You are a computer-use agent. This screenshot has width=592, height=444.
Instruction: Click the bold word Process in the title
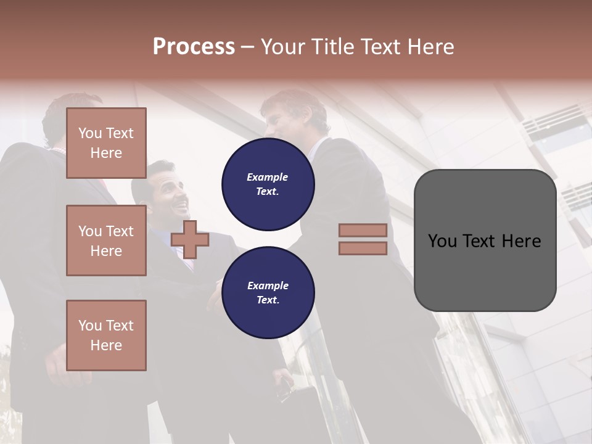[194, 47]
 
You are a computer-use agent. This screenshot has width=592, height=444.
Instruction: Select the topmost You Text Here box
[106, 143]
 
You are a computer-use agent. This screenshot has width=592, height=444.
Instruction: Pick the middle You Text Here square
[106, 240]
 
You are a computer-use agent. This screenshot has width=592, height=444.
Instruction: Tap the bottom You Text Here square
[106, 335]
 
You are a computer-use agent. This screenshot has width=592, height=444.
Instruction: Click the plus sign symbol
[190, 239]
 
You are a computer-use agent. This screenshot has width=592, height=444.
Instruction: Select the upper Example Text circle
[268, 184]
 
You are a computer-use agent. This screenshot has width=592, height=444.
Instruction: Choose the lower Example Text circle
[268, 292]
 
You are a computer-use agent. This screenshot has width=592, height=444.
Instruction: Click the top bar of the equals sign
[363, 230]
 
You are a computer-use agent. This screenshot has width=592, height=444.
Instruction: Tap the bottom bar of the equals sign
[363, 248]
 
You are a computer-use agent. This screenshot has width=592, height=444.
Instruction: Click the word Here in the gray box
[521, 241]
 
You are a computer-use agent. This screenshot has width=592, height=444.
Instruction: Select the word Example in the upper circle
[268, 178]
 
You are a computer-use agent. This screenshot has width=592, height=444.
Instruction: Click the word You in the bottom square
[90, 326]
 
